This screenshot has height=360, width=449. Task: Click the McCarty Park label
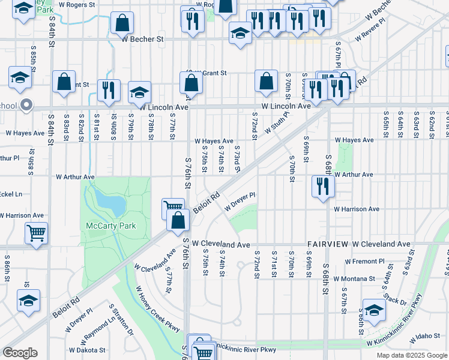click(110, 226)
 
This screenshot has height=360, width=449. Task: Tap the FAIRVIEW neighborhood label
click(328, 245)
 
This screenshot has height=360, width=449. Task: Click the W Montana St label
click(362, 279)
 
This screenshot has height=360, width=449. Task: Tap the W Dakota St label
click(87, 350)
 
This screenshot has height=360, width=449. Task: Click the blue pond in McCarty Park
click(111, 203)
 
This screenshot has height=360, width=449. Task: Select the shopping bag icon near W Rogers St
click(122, 24)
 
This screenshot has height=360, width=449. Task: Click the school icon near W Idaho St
click(373, 311)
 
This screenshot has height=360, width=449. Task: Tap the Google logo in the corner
click(20, 353)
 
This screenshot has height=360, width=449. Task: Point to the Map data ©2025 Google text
click(411, 355)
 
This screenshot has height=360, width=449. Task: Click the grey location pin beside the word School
click(26, 106)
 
